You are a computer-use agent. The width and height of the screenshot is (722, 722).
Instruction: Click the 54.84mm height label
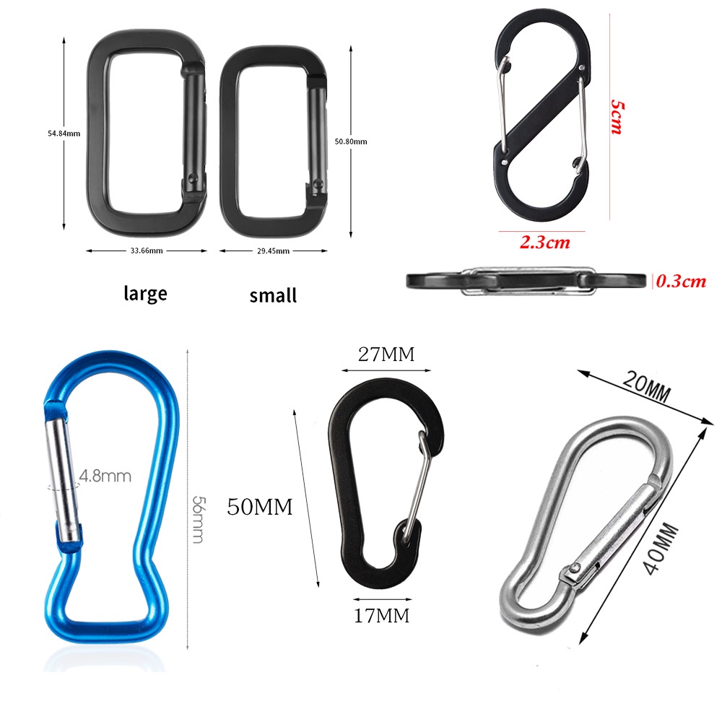pyautogui.click(x=64, y=134)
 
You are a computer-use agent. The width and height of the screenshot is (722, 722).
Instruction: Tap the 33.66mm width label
pyautogui.click(x=147, y=251)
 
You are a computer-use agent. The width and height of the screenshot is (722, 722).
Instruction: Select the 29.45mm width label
pyautogui.click(x=273, y=251)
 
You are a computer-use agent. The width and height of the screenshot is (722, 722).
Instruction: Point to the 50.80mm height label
pyautogui.click(x=351, y=142)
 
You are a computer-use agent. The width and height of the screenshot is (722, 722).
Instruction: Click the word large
pyautogui.click(x=146, y=293)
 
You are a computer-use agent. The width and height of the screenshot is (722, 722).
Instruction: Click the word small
pyautogui.click(x=273, y=295)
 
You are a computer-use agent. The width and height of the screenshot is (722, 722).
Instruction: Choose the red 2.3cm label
pyautogui.click(x=545, y=242)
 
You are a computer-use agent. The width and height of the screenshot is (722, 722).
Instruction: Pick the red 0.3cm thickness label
pyautogui.click(x=681, y=281)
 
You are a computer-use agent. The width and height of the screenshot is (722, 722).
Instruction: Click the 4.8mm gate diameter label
pyautogui.click(x=105, y=476)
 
